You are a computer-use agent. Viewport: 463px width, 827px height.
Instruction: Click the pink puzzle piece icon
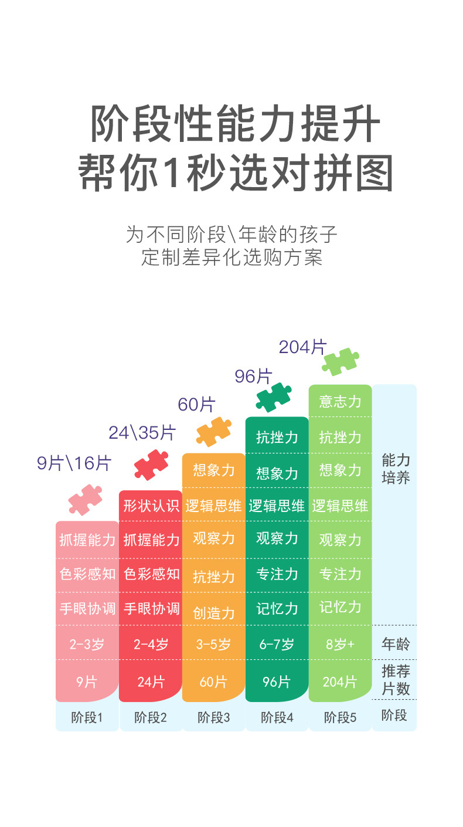[x=85, y=500]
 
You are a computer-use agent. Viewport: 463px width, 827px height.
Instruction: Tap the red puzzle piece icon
[x=151, y=465]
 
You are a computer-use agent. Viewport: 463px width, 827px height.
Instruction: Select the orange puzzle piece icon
[x=214, y=432]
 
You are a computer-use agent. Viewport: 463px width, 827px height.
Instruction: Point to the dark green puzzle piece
[x=274, y=397]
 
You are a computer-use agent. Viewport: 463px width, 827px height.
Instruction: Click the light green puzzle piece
[x=341, y=361]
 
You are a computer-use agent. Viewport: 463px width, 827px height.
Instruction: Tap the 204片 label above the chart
[x=302, y=347]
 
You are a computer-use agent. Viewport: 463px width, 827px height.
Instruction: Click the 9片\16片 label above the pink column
[x=74, y=463]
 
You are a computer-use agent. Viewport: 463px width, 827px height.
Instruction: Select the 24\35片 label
[x=142, y=433]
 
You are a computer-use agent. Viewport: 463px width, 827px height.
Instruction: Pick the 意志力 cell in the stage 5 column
[x=341, y=401]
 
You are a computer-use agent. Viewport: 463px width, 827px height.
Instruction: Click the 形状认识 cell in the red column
[x=151, y=506]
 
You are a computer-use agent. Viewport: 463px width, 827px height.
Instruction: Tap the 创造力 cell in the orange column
[x=214, y=613]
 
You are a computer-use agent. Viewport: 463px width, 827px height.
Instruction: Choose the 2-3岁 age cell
[x=87, y=645]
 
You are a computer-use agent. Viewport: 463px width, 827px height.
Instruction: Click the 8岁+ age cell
[x=341, y=645]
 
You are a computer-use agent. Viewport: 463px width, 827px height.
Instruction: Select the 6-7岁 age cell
[x=277, y=645]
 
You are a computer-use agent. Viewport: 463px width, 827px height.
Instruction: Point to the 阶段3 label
[x=214, y=717]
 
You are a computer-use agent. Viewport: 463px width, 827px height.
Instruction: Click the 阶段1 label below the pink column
[x=87, y=717]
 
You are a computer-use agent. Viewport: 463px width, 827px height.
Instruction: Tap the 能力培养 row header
[x=396, y=468]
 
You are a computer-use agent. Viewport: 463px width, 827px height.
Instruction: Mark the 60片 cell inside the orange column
[x=213, y=682]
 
